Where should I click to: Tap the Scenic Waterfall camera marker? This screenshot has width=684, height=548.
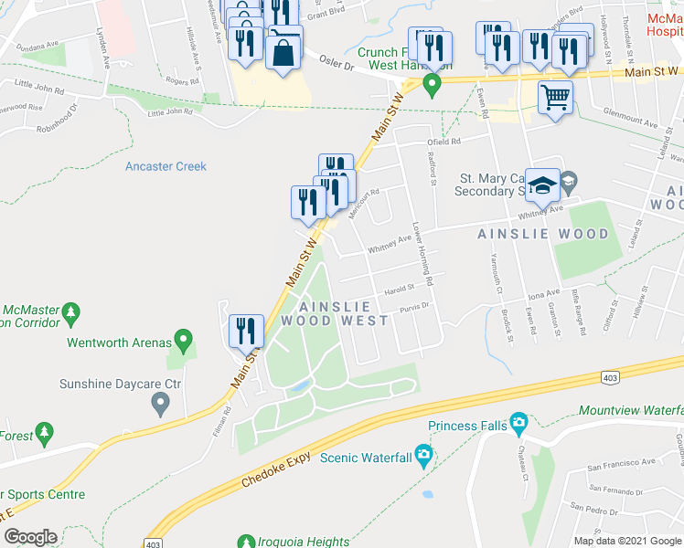pos(423,454)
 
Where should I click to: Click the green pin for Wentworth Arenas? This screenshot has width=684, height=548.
pos(183,342)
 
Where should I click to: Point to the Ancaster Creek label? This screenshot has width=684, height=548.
pos(166,166)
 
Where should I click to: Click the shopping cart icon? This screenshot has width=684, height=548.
pos(555,97)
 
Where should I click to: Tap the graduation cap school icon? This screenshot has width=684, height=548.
pos(542,185)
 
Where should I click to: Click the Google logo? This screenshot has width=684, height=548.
pos(30,537)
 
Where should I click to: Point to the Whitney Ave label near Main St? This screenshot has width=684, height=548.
pos(389,247)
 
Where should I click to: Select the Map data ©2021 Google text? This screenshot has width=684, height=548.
pos(626,540)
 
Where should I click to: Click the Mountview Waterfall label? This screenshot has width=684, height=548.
pos(631,412)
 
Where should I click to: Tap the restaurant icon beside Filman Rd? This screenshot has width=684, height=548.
pos(246,331)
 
